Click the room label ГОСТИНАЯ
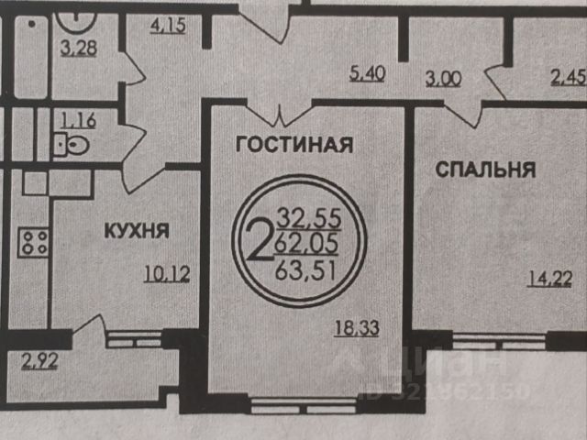294,144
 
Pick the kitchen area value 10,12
167,272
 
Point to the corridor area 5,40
368,74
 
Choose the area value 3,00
445,79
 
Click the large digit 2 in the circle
259,241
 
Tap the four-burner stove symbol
36,243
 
